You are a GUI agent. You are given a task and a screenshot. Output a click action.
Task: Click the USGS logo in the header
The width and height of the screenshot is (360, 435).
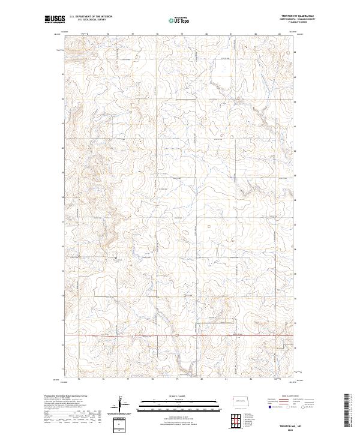53,20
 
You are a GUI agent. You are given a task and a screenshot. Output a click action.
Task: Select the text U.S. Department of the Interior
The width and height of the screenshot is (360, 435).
91,17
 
